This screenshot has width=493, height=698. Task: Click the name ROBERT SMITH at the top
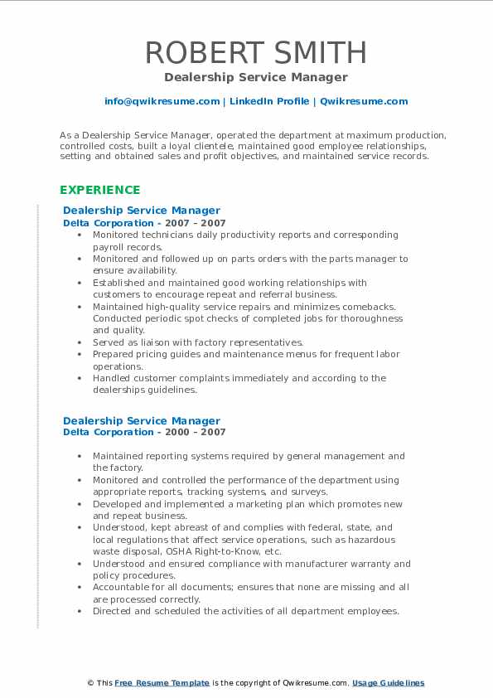point(255,52)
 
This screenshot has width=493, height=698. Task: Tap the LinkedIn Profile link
point(269,101)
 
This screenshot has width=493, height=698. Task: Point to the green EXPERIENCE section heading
point(99,190)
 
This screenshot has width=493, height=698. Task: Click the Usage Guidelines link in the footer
point(388,683)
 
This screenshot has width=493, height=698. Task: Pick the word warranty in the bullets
point(352,564)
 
